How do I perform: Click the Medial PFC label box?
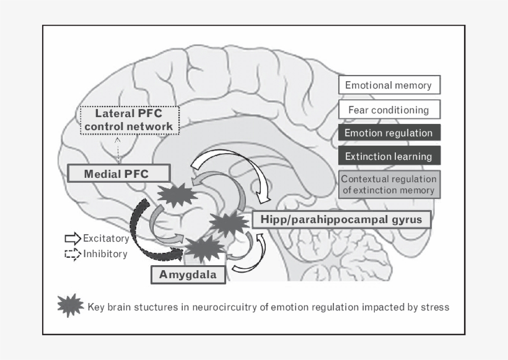point(117,173)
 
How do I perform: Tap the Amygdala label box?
point(188,274)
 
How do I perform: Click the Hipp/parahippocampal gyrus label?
point(341,219)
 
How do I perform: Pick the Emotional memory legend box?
point(388,86)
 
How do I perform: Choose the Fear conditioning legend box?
point(388,110)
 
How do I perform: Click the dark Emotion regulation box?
point(388,133)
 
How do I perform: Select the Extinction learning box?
point(388,156)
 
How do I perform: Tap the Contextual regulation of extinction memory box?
point(388,185)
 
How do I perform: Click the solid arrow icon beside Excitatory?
point(72,239)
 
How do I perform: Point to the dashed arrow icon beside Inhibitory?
point(72,253)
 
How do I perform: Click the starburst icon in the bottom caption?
point(70,305)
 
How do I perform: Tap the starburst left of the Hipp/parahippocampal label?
point(229,223)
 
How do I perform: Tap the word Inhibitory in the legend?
point(105,254)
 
